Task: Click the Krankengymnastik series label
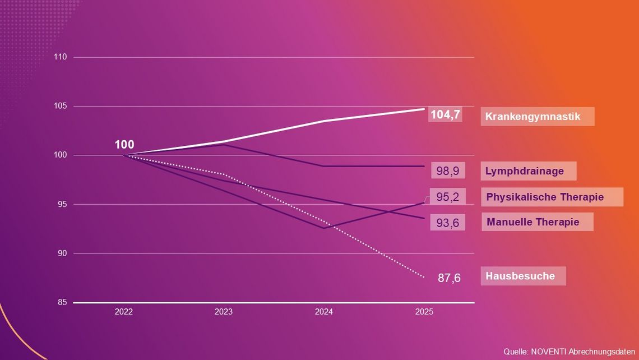pos(532,117)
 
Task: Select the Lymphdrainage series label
pos(524,171)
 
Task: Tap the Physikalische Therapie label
pos(544,197)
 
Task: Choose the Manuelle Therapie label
pos(532,222)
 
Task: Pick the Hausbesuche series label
pos(520,276)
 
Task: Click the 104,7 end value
pos(445,115)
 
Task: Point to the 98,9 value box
pos(448,171)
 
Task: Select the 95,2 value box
pos(448,197)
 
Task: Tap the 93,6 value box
pos(448,223)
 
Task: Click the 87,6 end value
pos(449,278)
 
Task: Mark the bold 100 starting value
pos(124,145)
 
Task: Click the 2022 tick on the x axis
pos(123,312)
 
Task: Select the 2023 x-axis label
pos(224,312)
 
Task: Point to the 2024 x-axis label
pos(324,312)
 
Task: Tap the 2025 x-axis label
pos(424,312)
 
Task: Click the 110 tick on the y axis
pos(61,57)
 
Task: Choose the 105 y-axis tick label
pos(61,106)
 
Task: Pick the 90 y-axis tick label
pos(62,253)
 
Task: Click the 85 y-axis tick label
pos(62,303)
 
